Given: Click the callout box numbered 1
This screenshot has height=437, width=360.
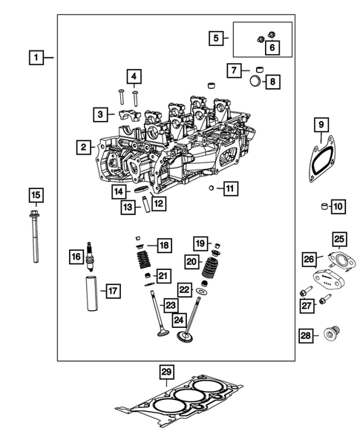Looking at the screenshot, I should tap(35, 56).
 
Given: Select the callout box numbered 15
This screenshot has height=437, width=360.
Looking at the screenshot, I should tap(35, 196).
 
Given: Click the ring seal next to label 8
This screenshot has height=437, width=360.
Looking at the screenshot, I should tap(254, 81).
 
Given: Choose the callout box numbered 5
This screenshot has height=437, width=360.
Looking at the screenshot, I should tap(217, 38).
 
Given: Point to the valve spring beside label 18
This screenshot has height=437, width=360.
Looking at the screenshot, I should tap(142, 264).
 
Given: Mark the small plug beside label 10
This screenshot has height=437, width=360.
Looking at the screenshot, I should tap(324, 206).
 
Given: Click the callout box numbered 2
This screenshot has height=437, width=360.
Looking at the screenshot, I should tap(85, 148).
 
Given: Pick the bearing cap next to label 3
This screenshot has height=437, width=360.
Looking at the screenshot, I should tap(124, 115).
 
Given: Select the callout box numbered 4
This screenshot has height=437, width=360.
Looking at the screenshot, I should tap(134, 76).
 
